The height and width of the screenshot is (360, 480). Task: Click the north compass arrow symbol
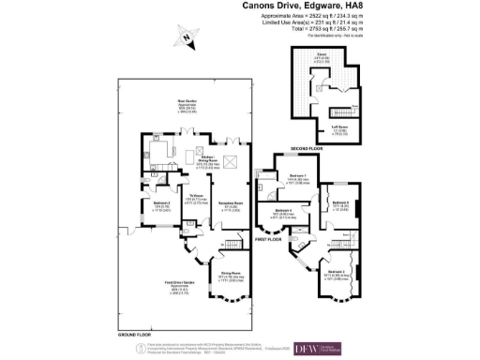tap(188, 37)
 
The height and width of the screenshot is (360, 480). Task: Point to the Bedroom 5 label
tap(338, 202)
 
